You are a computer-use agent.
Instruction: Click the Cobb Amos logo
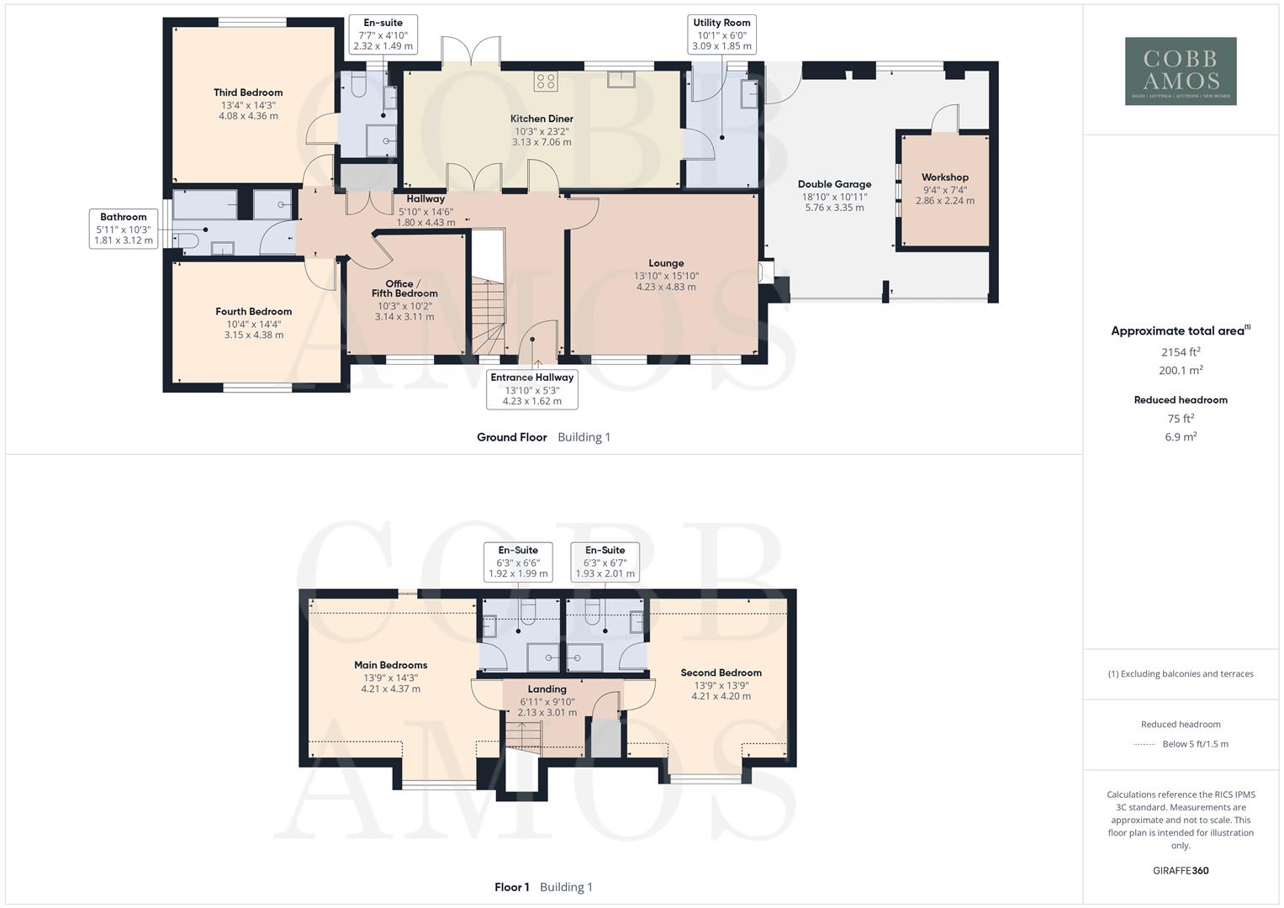point(1181,71)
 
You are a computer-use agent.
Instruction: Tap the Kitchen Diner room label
point(542,119)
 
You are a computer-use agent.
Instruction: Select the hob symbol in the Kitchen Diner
point(545,82)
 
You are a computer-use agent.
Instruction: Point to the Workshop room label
point(944,177)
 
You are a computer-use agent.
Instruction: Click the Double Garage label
point(834,184)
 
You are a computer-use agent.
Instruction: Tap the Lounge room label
point(666,263)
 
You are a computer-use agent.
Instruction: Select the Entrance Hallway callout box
point(532,390)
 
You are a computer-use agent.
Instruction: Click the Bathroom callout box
point(124,229)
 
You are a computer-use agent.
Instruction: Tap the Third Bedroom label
point(248,92)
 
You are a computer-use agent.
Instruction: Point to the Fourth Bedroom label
point(253,311)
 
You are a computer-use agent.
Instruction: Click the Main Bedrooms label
point(390,665)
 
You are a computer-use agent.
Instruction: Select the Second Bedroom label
point(721,673)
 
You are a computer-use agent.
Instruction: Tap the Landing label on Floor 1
point(547,689)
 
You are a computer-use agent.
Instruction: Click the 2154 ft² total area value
point(1181,352)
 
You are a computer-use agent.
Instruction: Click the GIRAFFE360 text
point(1181,870)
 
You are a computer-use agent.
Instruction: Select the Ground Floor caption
point(511,437)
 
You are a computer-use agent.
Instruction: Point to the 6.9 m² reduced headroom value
point(1181,437)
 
